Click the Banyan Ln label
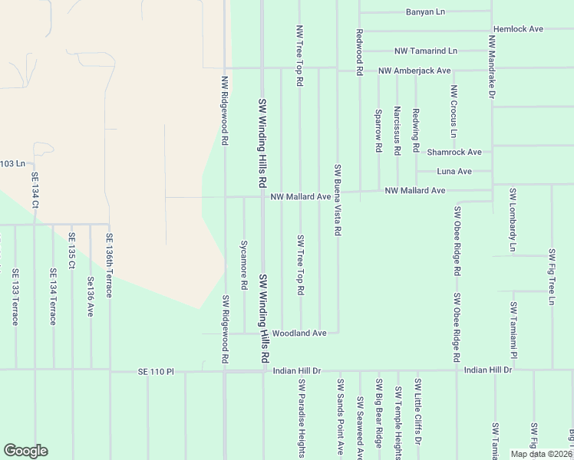pos(425,12)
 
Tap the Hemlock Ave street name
pos(519,28)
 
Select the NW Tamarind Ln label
pos(425,51)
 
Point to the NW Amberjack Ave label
pos(414,71)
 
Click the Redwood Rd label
pos(358,52)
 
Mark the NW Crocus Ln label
pos(454,112)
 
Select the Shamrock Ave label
pos(454,152)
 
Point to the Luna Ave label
pos(454,171)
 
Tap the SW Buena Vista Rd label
pos(337,199)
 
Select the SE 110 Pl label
pos(157,372)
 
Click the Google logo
pos(25,451)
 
